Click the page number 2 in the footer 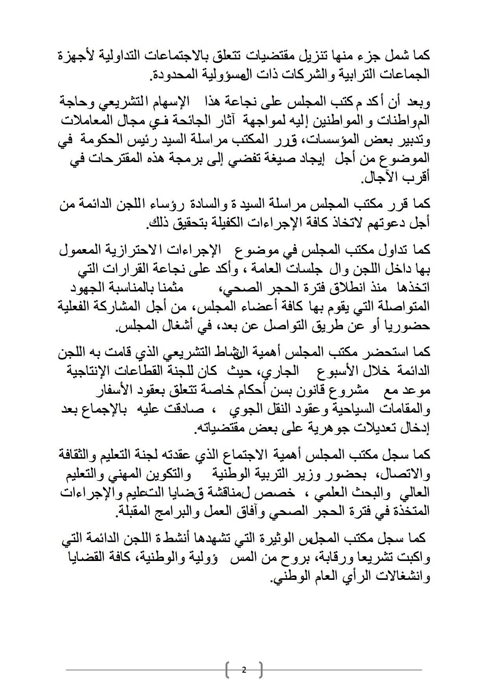tap(244, 670)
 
